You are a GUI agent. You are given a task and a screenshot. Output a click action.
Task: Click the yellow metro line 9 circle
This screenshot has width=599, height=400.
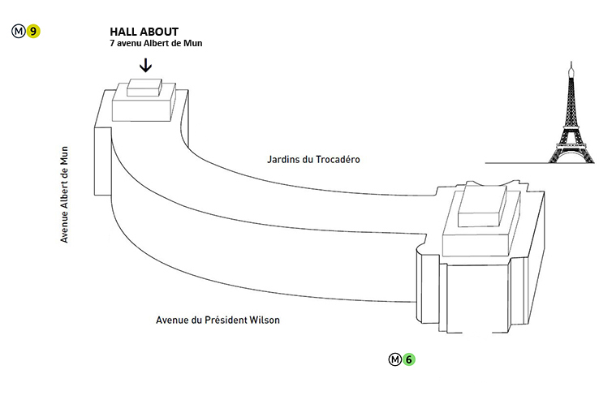click(33, 32)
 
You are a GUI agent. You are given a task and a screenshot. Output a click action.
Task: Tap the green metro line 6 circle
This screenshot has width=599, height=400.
click(410, 359)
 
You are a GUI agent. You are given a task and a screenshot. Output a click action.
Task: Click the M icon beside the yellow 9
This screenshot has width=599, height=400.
click(19, 32)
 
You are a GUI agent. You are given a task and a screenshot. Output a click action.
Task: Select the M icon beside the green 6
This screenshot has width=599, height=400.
click(394, 359)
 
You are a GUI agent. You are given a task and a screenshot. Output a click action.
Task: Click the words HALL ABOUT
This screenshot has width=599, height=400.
click(144, 32)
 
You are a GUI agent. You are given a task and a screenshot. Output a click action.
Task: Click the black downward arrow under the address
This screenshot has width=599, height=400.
click(145, 65)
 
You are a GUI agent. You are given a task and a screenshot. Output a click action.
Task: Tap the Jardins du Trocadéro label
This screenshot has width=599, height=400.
click(313, 160)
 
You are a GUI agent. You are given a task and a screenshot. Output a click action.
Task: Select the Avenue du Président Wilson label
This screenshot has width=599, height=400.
click(218, 320)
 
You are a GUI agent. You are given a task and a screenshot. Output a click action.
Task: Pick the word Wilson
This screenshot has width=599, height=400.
click(265, 320)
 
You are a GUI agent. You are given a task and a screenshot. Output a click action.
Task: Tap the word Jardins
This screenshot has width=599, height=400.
click(282, 160)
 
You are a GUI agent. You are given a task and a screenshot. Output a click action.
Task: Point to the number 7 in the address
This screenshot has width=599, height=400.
click(112, 43)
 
